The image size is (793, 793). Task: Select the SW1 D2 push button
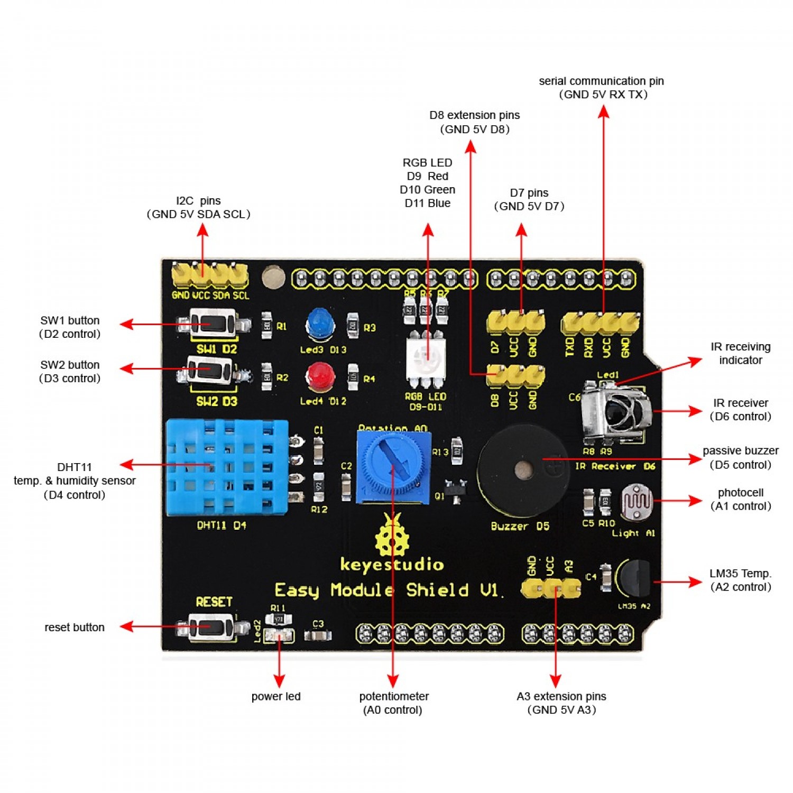pos(213,324)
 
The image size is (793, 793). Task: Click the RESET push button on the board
pos(212,627)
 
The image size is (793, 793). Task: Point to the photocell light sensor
pos(638,501)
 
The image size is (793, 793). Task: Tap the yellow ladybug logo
pos(392,535)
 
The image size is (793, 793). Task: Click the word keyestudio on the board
pos(392,565)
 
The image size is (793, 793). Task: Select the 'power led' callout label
pos(276,696)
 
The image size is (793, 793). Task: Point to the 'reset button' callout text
pos(75,628)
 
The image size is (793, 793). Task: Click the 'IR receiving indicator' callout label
pos(740,353)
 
